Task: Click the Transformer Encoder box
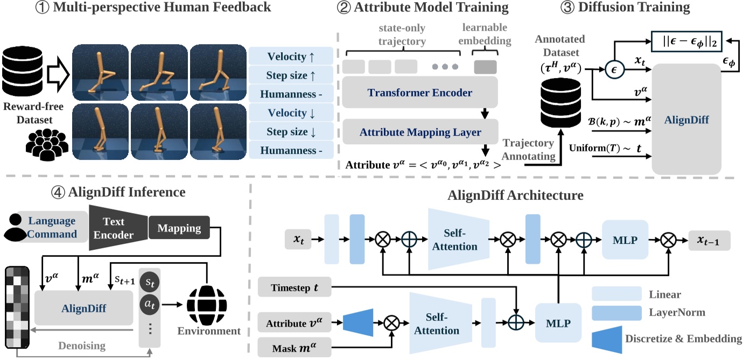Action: coord(419,93)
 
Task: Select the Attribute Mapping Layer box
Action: coord(419,131)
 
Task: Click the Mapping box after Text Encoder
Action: coord(179,228)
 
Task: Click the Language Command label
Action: coord(52,228)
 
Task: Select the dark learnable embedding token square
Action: coord(486,66)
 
